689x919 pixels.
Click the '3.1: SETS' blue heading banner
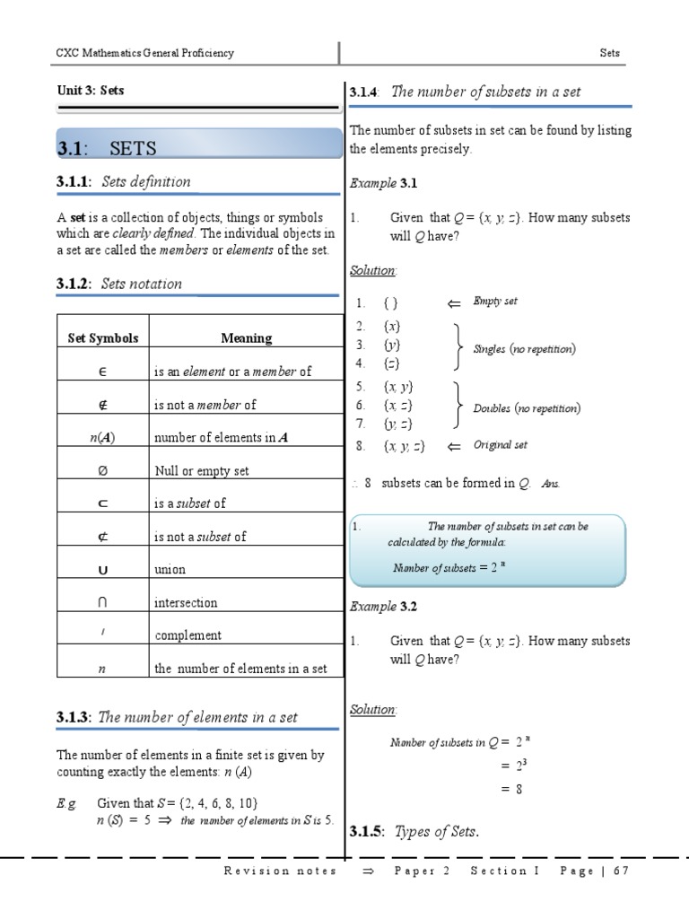point(197,147)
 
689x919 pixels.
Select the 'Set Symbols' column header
point(103,338)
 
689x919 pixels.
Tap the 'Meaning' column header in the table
point(246,338)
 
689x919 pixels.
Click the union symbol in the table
point(103,569)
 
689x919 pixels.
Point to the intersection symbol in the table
point(103,602)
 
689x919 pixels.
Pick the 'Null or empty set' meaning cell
point(201,470)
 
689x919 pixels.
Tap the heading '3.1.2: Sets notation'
point(119,284)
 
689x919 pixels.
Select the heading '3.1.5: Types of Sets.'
point(414,832)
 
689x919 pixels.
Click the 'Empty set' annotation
point(495,302)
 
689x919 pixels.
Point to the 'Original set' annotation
point(501,445)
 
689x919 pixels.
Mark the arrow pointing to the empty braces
point(453,304)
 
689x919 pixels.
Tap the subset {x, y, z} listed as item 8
point(404,446)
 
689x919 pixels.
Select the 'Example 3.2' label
point(384,607)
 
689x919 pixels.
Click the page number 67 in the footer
point(621,871)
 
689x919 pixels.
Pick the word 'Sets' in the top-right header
point(609,53)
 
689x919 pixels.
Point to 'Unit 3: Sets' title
point(91,91)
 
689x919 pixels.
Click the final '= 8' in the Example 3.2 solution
point(511,789)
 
